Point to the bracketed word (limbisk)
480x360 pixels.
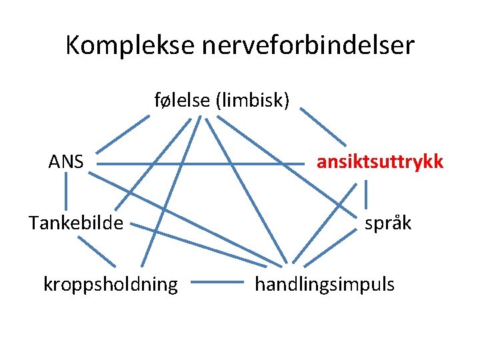click(253, 101)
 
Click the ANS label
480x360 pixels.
click(66, 161)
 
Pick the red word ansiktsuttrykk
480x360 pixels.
click(379, 162)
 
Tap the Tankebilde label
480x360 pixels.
click(76, 223)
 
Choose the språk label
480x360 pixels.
click(388, 223)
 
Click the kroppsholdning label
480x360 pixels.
click(111, 285)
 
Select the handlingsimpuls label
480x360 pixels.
click(325, 285)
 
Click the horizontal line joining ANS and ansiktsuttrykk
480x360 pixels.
click(200, 163)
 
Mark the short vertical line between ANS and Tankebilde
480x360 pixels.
click(66, 194)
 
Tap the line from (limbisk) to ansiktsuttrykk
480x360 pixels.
click(322, 127)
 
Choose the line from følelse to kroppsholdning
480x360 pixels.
click(172, 193)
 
